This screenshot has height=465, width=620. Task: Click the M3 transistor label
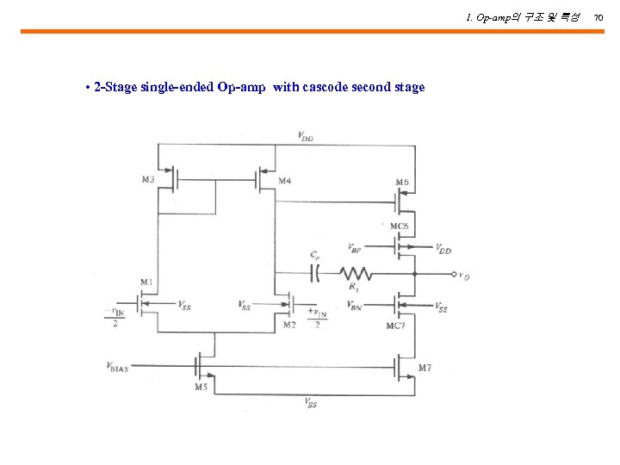point(148,180)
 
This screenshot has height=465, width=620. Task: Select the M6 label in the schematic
point(401,182)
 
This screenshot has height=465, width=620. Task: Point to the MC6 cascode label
point(399,226)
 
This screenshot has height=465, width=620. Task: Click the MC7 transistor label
point(395,325)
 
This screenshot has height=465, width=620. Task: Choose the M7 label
point(425,368)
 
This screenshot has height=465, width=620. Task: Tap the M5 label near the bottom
point(201,387)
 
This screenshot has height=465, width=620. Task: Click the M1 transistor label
point(146,282)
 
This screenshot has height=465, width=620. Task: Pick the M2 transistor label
point(288,325)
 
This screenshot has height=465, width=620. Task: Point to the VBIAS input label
point(117,368)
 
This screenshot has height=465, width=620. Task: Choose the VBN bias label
point(355,305)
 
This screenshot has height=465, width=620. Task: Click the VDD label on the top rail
point(305,135)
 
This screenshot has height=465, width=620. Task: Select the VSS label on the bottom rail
point(310,402)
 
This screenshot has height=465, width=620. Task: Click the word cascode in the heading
point(326,87)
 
